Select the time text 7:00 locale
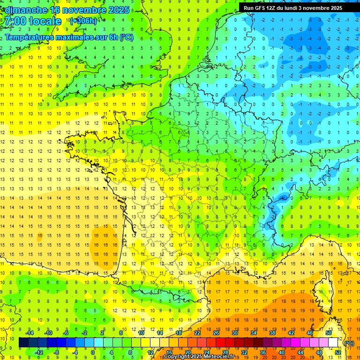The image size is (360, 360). [33, 22]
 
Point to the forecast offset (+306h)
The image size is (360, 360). [83, 21]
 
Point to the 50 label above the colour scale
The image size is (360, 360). [328, 333]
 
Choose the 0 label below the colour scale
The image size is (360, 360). [93, 352]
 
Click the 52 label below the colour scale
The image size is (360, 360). [338, 352]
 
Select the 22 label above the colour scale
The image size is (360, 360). [197, 333]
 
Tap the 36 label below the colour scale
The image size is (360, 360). [263, 352]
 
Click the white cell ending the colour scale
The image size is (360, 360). [333, 343]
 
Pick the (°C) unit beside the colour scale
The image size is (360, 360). [349, 343]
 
